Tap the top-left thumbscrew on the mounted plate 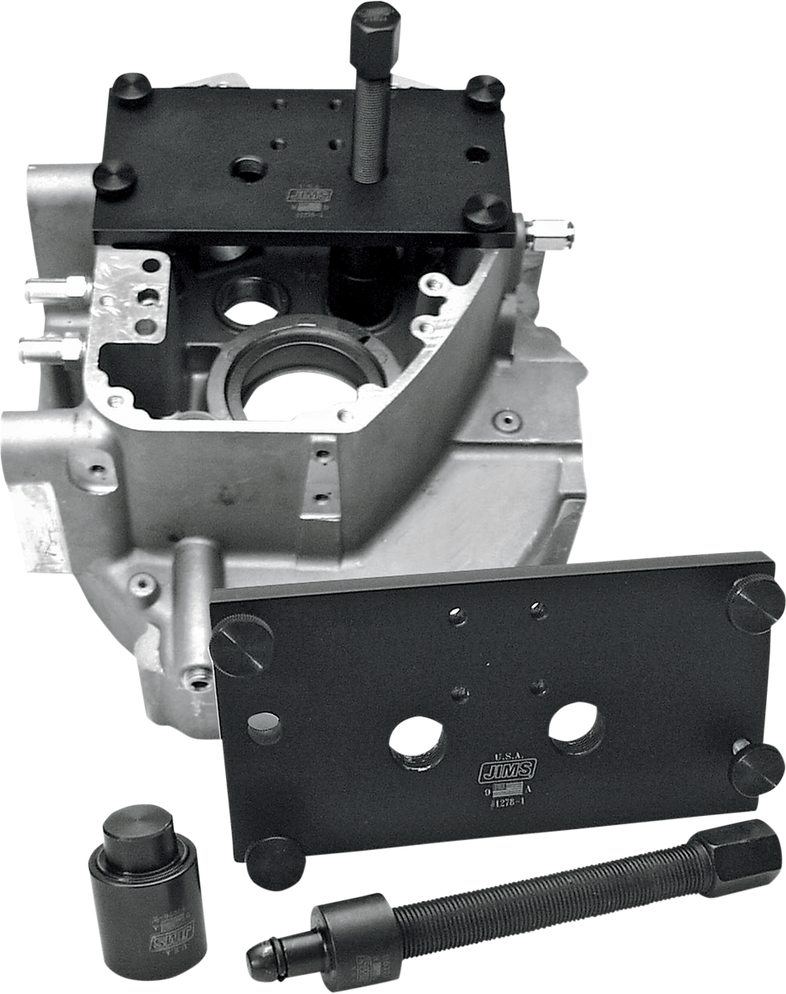132,89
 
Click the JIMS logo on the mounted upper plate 309,195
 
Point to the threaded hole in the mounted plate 248,169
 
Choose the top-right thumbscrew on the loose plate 755,602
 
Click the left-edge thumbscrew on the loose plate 241,644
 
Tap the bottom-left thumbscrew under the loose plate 276,862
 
